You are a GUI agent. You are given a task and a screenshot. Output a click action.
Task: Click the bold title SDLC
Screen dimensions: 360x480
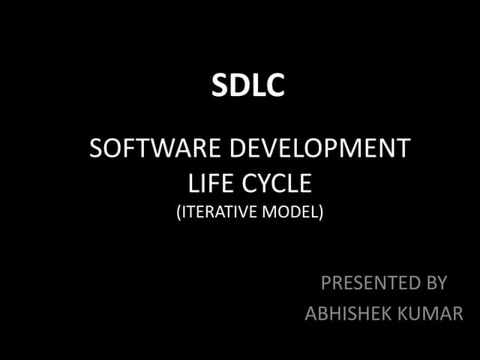(248, 86)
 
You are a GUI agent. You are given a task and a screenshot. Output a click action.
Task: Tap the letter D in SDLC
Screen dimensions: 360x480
(239, 86)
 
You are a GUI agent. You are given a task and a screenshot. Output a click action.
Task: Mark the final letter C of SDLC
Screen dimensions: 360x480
(274, 86)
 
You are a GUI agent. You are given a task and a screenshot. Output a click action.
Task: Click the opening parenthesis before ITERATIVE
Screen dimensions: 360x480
(178, 213)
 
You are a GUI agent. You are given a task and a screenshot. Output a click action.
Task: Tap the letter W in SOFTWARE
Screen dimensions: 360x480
(156, 148)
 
